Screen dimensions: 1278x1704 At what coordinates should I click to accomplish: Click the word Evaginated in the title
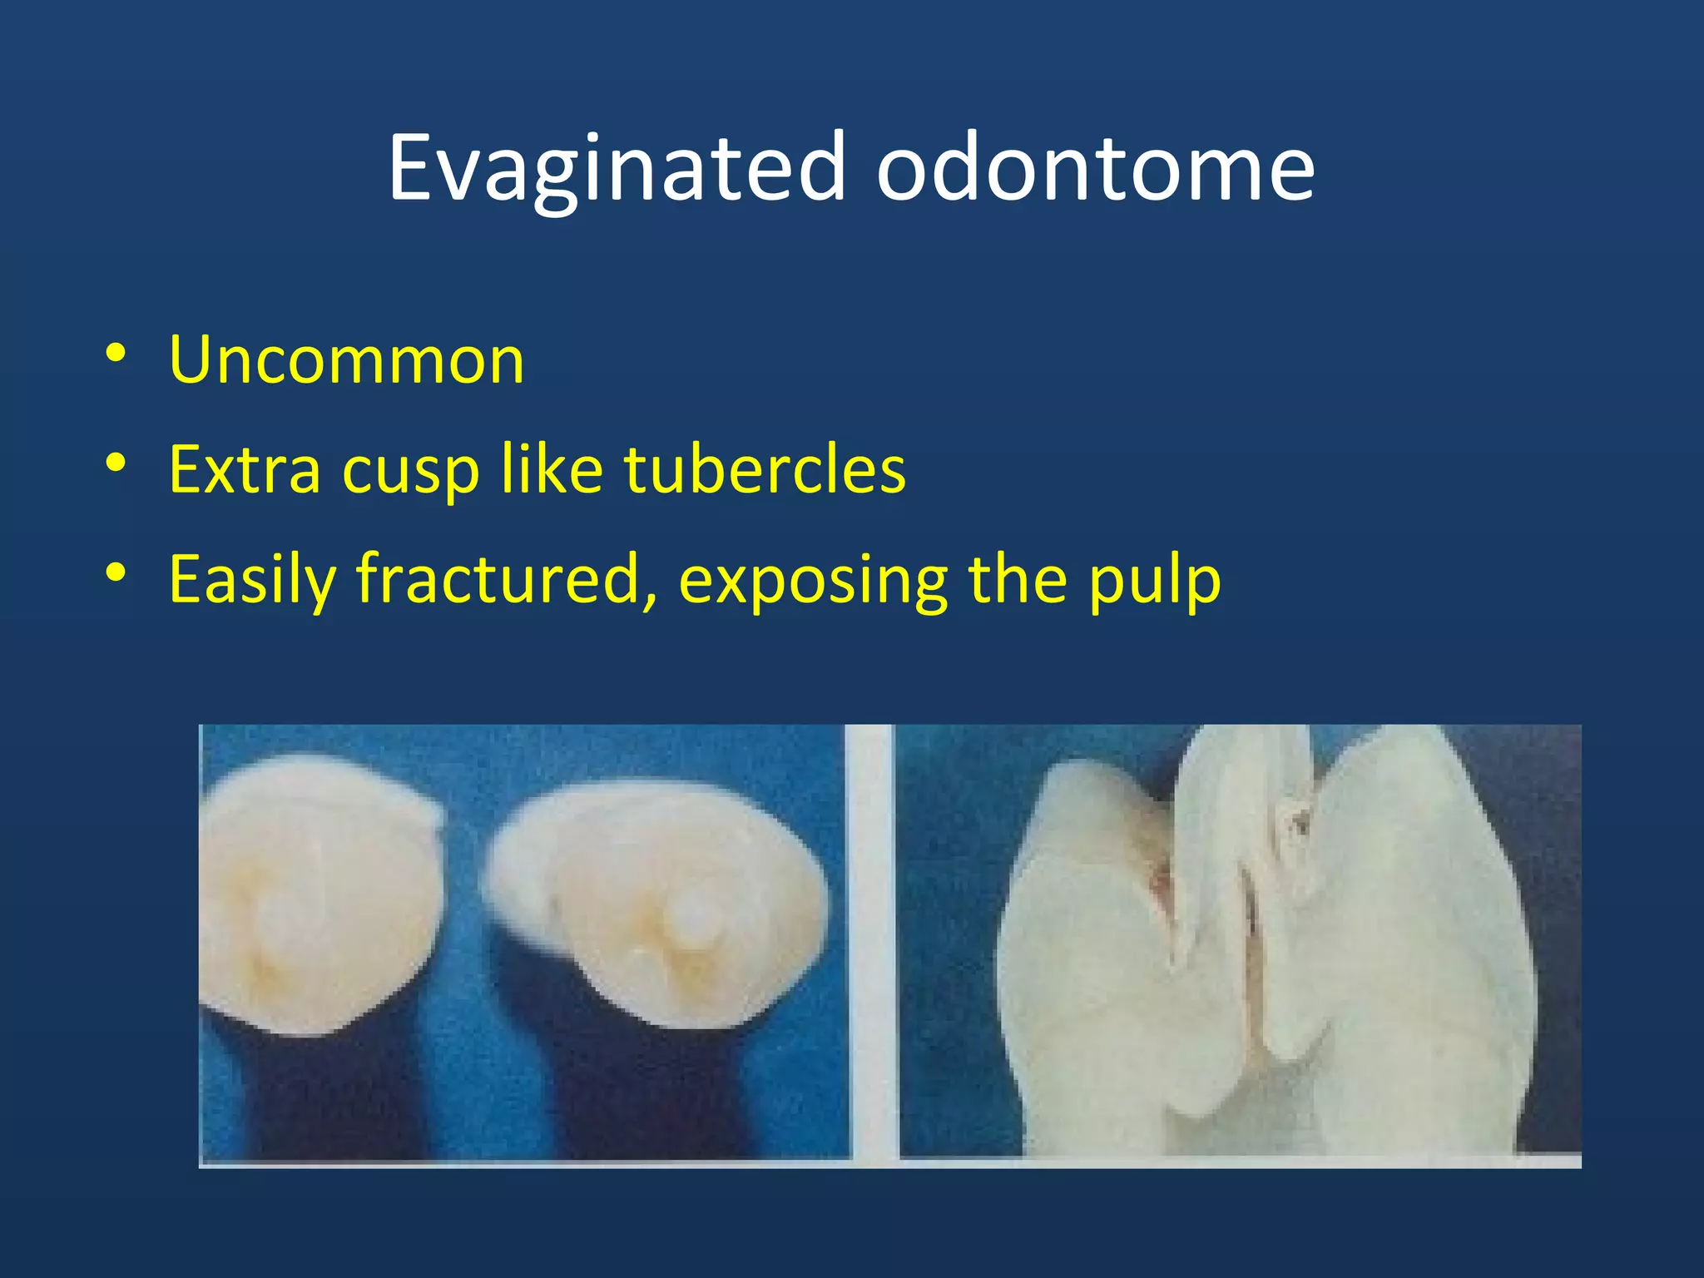pyautogui.click(x=617, y=169)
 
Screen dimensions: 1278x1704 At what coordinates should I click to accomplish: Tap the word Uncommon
pyautogui.click(x=346, y=359)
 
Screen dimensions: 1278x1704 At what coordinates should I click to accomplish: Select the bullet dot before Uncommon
pyautogui.click(x=116, y=353)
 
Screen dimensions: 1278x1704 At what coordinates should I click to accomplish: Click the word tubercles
pyautogui.click(x=765, y=469)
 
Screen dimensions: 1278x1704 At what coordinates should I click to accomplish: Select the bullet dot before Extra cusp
pyautogui.click(x=116, y=463)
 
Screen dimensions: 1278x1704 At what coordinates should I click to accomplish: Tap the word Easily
pyautogui.click(x=251, y=580)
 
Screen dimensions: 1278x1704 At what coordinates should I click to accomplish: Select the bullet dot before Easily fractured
pyautogui.click(x=116, y=572)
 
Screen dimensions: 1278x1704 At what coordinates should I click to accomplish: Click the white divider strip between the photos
pyautogui.click(x=871, y=940)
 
